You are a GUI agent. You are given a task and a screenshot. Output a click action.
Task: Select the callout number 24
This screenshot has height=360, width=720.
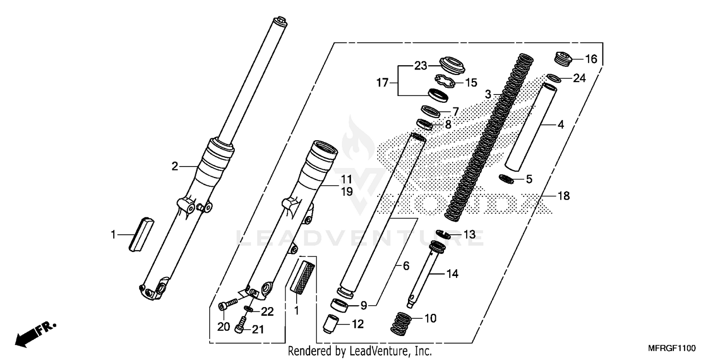579,78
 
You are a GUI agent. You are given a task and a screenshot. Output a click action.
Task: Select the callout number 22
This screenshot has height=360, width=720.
267,312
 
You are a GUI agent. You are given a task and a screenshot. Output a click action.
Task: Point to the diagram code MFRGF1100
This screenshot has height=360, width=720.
672,347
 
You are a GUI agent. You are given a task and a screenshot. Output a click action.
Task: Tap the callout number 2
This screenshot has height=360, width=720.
175,167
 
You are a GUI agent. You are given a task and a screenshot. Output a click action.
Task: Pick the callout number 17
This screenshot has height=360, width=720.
382,83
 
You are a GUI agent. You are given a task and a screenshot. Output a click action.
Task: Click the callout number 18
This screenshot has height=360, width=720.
563,196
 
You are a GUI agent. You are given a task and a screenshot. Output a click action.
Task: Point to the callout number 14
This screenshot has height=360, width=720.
452,274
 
